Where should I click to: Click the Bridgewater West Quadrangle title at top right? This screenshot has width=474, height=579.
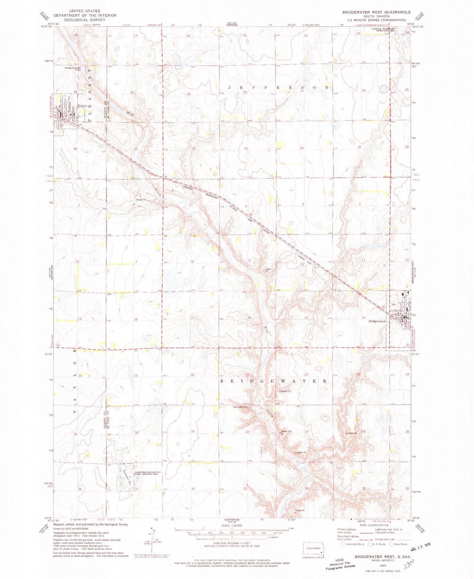click(x=376, y=12)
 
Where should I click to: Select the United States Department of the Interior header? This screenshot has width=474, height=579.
click(x=85, y=15)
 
